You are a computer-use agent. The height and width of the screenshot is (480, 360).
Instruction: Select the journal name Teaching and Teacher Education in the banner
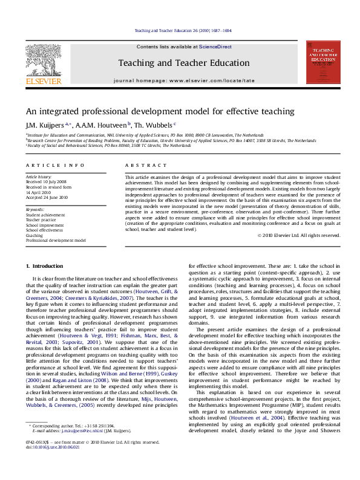click(x=183, y=63)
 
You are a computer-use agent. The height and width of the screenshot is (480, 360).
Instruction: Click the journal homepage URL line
click(x=184, y=80)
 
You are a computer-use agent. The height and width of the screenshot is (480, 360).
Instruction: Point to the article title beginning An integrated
click(x=151, y=111)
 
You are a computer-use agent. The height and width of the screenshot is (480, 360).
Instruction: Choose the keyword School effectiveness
click(x=44, y=230)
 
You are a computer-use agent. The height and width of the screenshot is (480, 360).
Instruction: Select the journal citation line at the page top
click(x=182, y=31)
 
